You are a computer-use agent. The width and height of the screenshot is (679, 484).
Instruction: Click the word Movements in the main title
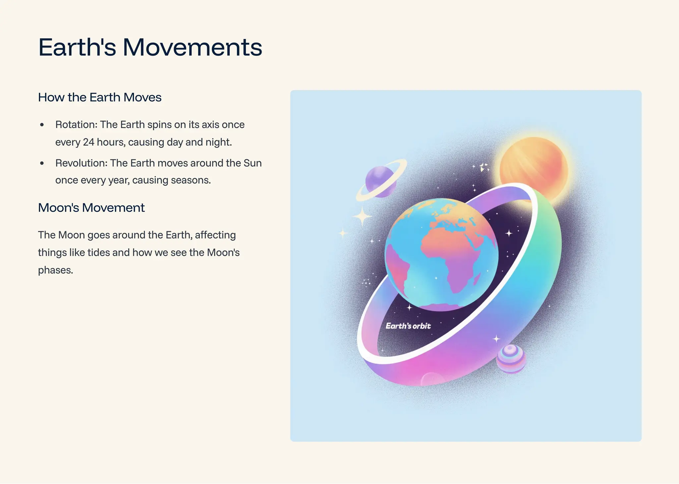[192, 47]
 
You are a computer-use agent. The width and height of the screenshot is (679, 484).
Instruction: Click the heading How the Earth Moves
[100, 97]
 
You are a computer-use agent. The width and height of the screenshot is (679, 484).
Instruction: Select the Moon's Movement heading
[91, 208]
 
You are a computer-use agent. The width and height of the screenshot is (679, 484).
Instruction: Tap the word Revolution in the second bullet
[81, 163]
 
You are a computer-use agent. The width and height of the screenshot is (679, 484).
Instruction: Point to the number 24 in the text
[89, 142]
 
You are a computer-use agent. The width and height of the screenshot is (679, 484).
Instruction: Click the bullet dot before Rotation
[42, 125]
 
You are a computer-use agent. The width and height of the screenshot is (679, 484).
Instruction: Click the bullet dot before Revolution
[42, 163]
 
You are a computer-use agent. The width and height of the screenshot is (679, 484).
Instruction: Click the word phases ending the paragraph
[55, 270]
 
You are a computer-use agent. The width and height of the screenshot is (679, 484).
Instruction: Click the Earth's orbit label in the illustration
[408, 326]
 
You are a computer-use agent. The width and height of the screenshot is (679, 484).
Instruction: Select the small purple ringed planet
[380, 181]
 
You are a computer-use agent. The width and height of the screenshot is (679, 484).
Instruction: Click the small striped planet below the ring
[511, 359]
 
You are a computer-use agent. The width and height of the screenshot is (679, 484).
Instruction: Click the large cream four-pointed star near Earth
[362, 217]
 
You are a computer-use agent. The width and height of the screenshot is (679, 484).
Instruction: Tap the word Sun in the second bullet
[253, 163]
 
